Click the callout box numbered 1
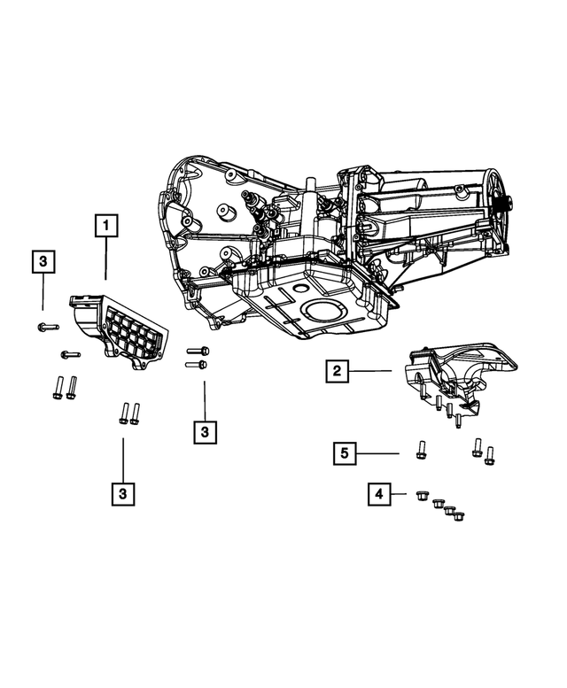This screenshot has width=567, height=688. point(105,227)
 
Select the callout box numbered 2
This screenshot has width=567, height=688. point(337,372)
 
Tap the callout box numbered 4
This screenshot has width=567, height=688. point(378,493)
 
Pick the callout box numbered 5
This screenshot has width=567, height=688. point(346,453)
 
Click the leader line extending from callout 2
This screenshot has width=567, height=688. point(371,372)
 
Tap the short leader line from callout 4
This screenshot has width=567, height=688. point(400,493)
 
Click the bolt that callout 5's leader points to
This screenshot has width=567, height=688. point(420,449)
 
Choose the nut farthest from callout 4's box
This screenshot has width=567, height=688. point(459,515)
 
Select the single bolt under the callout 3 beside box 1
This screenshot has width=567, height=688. point(43,327)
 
